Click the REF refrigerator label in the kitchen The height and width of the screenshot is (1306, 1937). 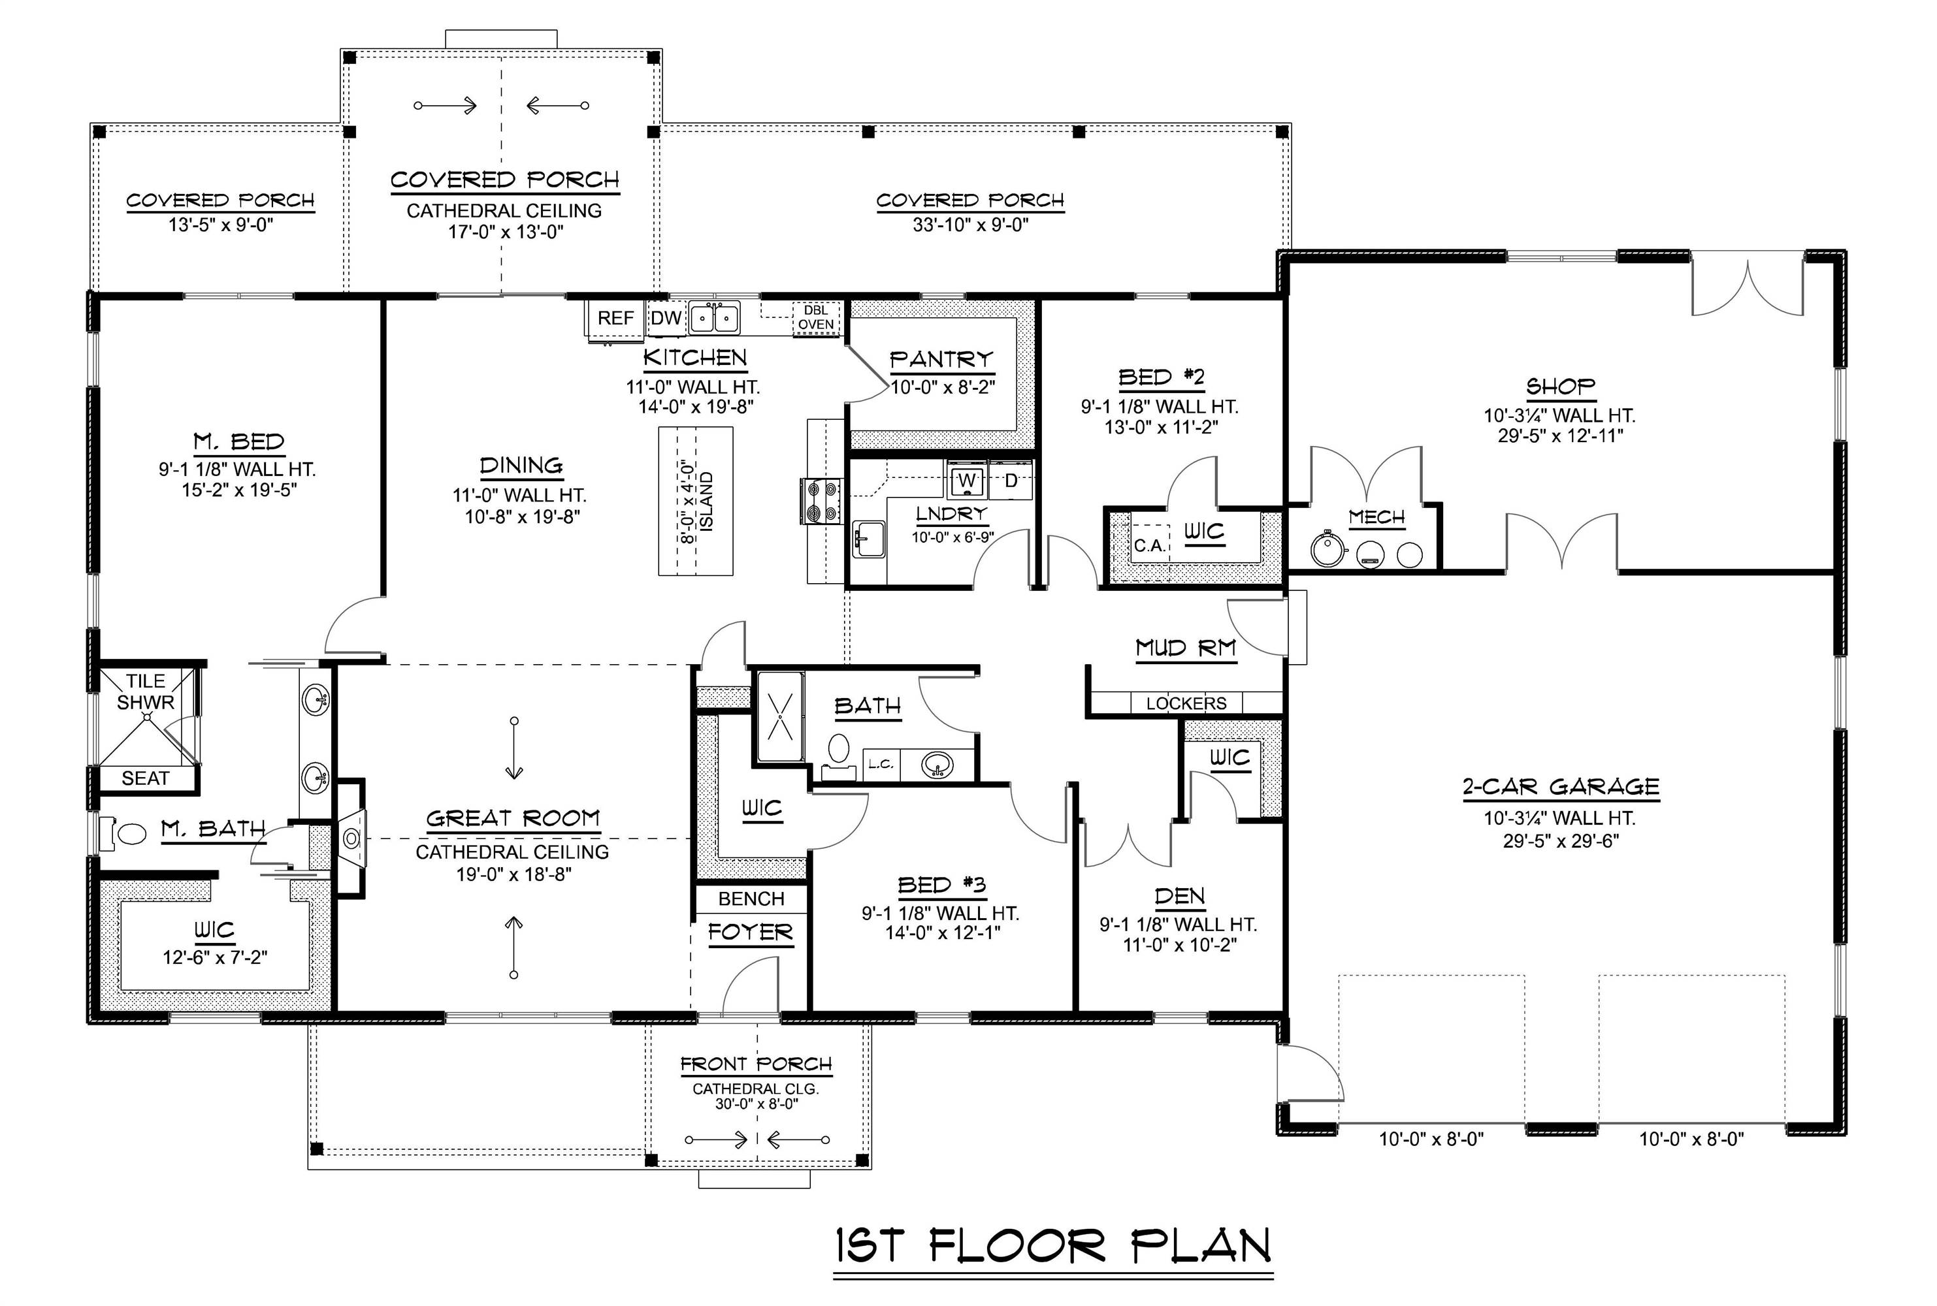point(615,318)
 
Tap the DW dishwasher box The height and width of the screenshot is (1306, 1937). point(666,318)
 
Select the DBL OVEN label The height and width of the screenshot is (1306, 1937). point(815,317)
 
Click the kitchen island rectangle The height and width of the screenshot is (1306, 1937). point(696,501)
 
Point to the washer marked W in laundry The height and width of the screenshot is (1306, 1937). point(966,481)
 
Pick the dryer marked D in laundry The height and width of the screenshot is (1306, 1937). point(1011,481)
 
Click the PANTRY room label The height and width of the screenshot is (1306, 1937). point(941,359)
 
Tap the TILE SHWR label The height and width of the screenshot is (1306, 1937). point(146,692)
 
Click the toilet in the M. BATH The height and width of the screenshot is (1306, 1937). point(125,833)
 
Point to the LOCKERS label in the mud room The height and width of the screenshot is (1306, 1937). point(1186,703)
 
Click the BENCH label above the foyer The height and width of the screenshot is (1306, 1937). point(751,899)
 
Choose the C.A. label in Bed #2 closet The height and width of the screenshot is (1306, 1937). point(1149,545)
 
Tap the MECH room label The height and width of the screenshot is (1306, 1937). point(1376,517)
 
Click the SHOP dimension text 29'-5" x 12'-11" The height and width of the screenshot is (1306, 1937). point(1559,435)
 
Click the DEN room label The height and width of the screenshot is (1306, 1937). point(1179,896)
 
